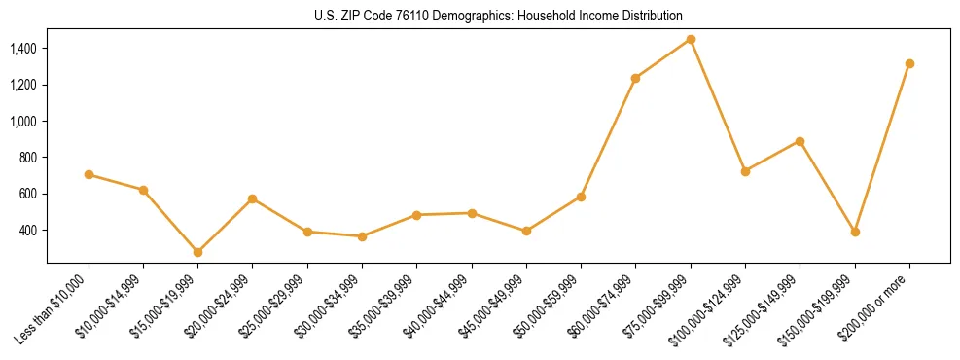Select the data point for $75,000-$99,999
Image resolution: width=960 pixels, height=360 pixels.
pos(691,39)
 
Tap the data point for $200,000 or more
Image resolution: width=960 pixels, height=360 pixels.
pos(909,63)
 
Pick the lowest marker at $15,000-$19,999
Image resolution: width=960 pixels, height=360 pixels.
pos(197,252)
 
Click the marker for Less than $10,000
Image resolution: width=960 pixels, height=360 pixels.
pos(89,174)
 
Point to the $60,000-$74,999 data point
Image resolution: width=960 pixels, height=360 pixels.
pos(635,78)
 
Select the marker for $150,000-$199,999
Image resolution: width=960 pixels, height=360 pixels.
pos(855,232)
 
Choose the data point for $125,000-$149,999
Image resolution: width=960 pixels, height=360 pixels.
pos(800,141)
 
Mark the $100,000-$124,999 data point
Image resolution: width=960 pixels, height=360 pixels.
pos(745,171)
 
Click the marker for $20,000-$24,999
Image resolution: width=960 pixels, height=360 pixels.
pos(252,198)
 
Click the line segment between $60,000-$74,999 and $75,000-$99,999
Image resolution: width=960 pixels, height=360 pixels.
pos(663,58)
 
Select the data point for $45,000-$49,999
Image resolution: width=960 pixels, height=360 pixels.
pos(526,231)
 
